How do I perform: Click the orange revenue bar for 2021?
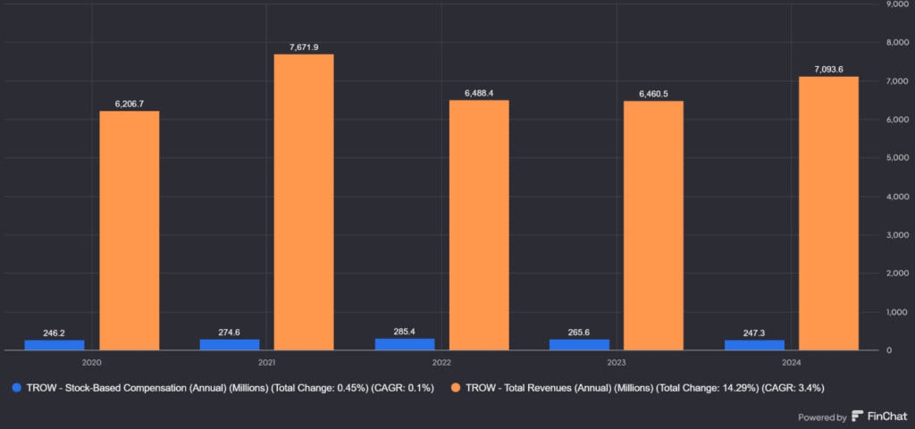click(304, 202)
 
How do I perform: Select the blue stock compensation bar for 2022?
click(404, 344)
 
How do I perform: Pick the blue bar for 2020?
click(54, 345)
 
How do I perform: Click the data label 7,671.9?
click(304, 46)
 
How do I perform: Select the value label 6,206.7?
click(130, 104)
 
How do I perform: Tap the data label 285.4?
click(404, 332)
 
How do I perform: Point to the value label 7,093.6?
click(828, 69)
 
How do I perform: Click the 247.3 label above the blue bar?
click(754, 332)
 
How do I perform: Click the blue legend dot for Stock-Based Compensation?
click(15, 388)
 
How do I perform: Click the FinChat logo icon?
click(858, 416)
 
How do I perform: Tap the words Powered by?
click(822, 417)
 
